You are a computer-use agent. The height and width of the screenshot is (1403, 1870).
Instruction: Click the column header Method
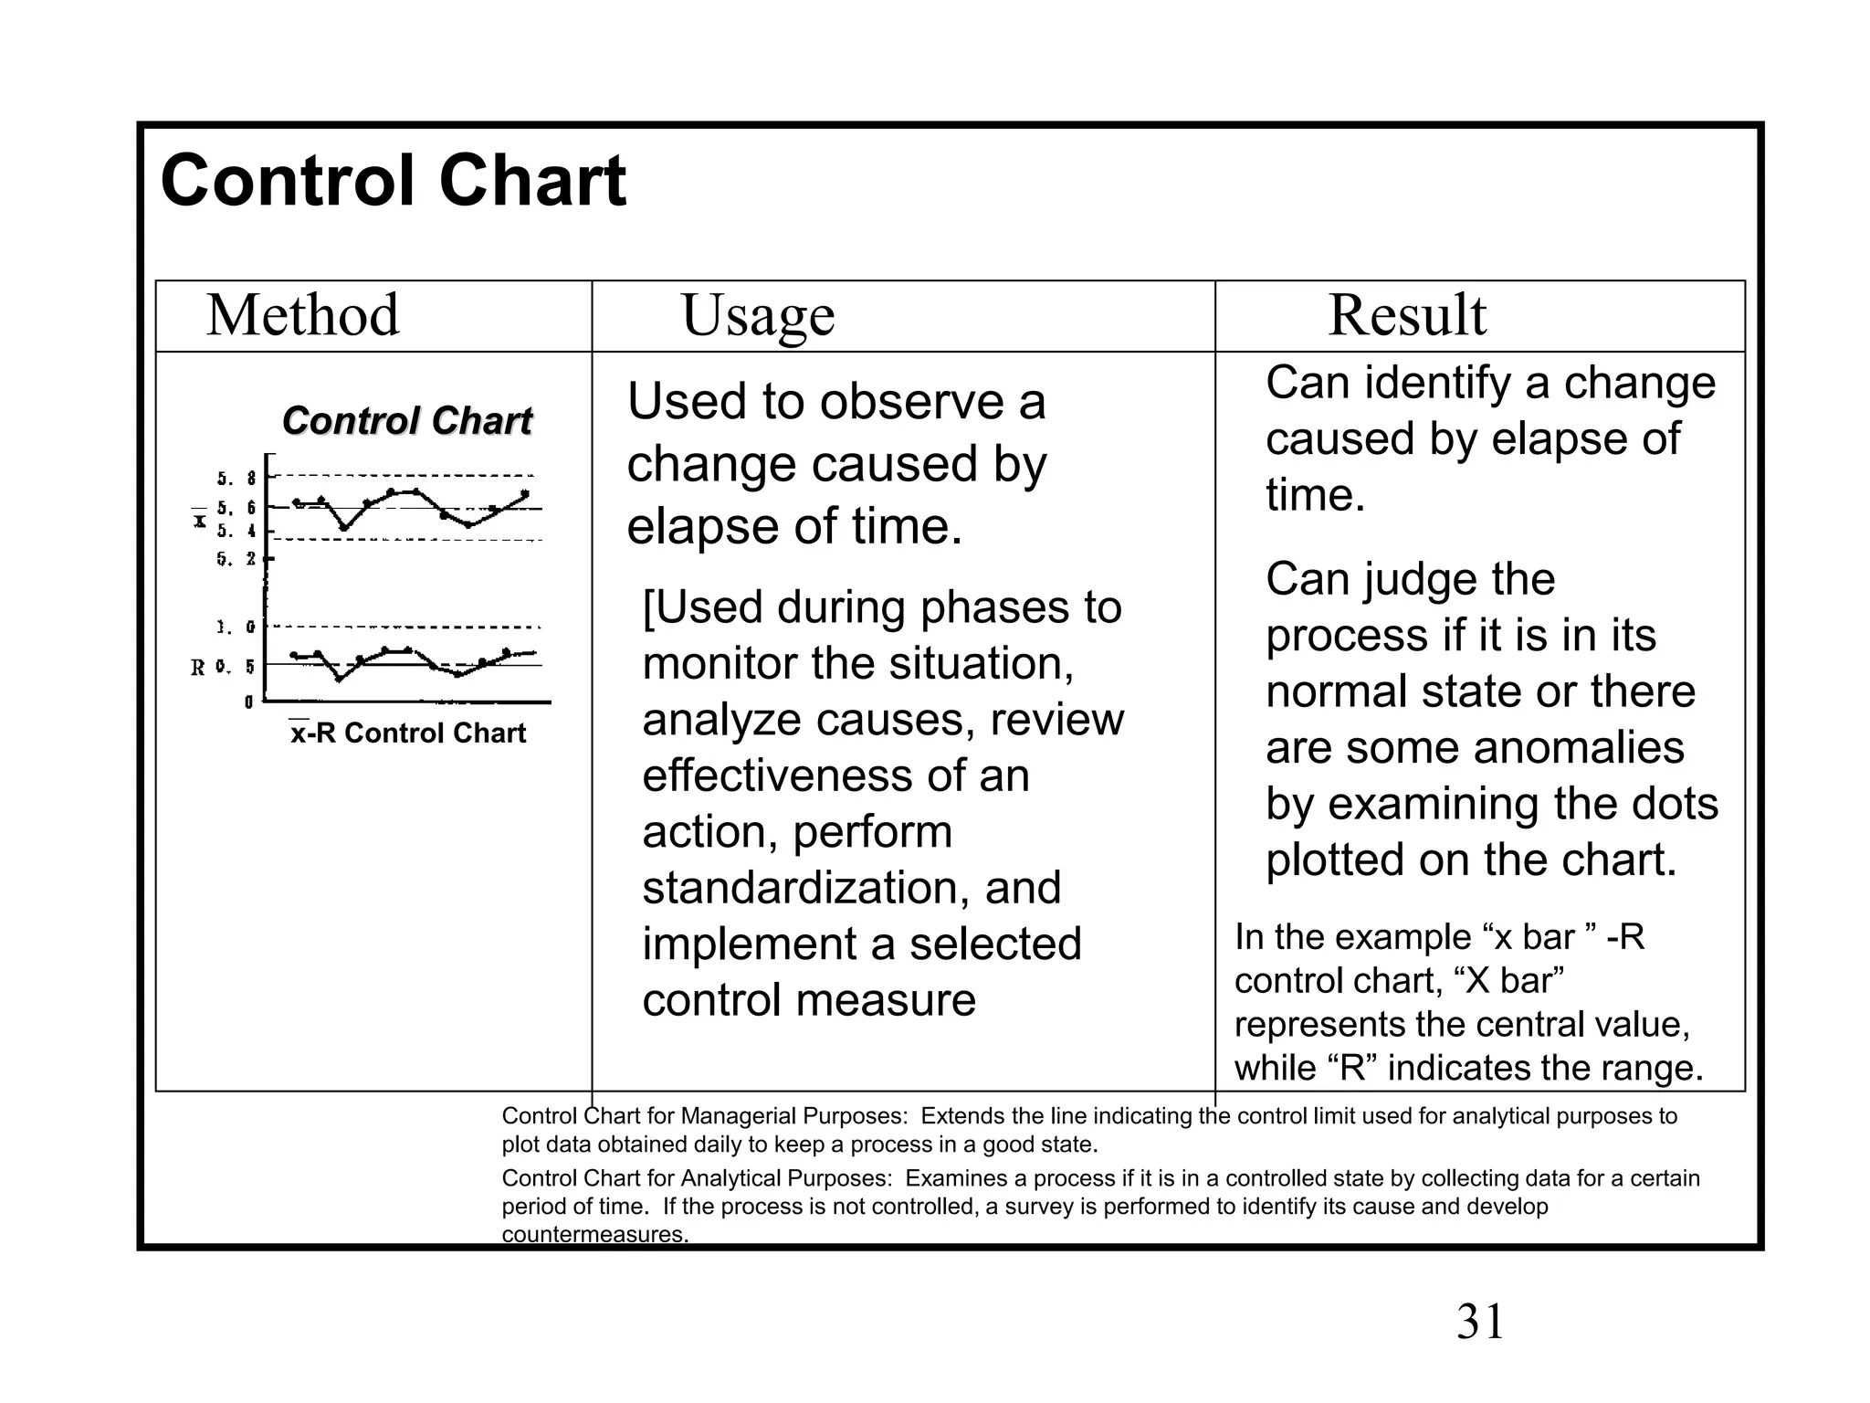pos(303,316)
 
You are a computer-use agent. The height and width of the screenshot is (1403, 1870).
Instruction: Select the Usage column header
pos(758,316)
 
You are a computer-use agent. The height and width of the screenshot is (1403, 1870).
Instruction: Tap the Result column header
pos(1407,316)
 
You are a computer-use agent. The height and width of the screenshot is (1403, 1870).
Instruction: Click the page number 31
pos(1480,1322)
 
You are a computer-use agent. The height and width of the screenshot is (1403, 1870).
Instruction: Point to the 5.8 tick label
pos(236,478)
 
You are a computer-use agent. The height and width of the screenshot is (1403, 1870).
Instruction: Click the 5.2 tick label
pos(236,558)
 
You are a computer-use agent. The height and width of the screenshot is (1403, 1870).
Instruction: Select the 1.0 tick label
pos(236,628)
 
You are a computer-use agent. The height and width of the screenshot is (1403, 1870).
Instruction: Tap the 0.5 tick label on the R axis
pos(236,667)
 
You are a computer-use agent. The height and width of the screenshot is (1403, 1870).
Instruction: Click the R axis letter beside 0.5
pos(198,668)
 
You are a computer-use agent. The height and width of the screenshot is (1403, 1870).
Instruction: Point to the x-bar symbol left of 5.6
pos(199,520)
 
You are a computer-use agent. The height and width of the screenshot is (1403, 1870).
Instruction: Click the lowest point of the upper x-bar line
pos(344,527)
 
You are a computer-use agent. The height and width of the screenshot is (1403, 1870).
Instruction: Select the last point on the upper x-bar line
pos(525,494)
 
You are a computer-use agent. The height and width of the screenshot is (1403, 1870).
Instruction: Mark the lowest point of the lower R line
pos(339,679)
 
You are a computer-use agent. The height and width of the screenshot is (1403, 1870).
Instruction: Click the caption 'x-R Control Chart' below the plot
pos(407,733)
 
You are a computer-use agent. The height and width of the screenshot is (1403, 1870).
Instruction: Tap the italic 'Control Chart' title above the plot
pos(407,421)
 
